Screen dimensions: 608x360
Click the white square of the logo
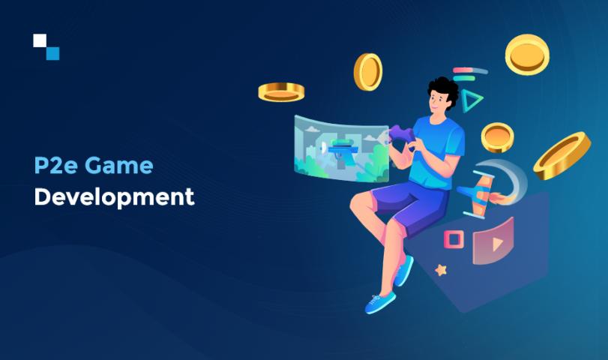(40, 40)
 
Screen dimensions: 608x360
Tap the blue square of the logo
(52, 53)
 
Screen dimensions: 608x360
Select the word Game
(119, 165)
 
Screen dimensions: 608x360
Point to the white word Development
(114, 197)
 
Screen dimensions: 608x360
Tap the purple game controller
(402, 135)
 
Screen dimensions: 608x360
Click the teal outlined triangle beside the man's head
(471, 100)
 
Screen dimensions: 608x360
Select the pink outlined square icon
(454, 239)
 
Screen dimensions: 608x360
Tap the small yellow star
(441, 269)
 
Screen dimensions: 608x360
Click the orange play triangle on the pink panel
(497, 244)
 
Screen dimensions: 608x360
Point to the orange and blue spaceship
(478, 194)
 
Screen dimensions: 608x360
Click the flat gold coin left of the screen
(281, 92)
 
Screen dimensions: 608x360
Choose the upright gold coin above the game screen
(368, 72)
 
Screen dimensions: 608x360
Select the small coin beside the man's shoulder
(498, 137)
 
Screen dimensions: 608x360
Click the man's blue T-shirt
(436, 153)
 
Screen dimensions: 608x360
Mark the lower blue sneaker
(380, 301)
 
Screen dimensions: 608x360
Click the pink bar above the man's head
(461, 70)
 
